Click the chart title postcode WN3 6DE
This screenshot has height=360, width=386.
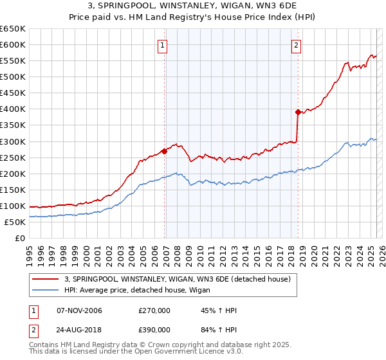point(280,6)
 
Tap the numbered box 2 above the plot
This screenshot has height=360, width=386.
point(296,45)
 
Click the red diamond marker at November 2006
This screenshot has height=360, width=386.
point(164,151)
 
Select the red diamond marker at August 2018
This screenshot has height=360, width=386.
point(298,112)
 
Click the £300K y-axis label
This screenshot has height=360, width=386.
point(12,141)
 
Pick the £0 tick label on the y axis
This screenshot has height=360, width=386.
point(20,239)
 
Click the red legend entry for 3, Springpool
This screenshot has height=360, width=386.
point(178,279)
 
